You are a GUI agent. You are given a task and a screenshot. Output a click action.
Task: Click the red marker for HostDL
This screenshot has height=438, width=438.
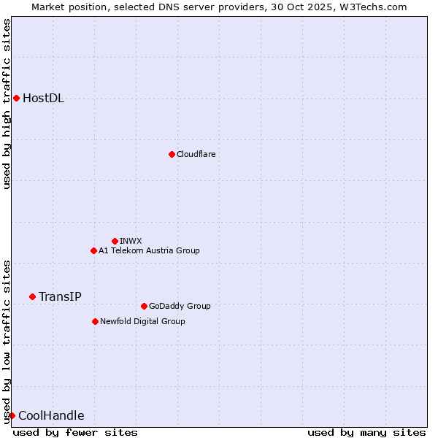pos(16,98)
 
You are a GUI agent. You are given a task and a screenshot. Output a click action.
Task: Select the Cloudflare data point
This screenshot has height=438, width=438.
pos(172,154)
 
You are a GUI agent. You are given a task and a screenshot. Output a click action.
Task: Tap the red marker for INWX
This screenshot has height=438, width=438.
pos(115,241)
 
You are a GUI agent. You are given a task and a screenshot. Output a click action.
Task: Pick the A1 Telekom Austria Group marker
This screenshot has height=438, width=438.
pos(93,250)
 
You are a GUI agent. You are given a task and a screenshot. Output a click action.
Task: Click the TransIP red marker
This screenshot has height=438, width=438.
pos(32,296)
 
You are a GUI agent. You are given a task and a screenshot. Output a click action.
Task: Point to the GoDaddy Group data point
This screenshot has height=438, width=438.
pos(144,306)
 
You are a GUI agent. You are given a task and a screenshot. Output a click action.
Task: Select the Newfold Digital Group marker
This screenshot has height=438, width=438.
pos(95,321)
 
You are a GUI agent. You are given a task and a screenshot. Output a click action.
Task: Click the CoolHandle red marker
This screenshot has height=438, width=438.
pos(12,415)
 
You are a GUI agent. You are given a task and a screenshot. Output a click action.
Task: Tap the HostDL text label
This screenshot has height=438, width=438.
pos(44,99)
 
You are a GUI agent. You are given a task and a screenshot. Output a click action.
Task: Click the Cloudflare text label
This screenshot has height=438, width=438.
pos(196,154)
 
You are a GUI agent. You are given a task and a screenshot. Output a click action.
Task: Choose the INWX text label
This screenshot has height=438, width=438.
pos(131,241)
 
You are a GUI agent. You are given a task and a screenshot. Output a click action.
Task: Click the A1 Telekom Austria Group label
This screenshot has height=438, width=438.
pos(149,250)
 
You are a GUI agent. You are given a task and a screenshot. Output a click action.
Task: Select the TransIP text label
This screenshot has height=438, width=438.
pos(60,296)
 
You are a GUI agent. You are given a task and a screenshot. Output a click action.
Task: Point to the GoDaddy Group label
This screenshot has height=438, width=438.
pos(180,306)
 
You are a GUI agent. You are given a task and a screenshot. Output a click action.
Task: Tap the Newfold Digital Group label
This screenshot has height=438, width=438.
pos(142,321)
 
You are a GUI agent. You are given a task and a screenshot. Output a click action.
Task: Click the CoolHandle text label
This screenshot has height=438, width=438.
pos(51,416)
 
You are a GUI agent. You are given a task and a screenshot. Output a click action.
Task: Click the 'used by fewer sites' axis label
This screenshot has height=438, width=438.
pos(75,432)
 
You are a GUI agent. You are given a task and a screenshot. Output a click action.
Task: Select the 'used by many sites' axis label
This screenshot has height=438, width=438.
pos(366,432)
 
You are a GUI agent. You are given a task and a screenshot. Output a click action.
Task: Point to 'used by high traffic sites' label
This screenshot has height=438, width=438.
pos(7,104)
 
